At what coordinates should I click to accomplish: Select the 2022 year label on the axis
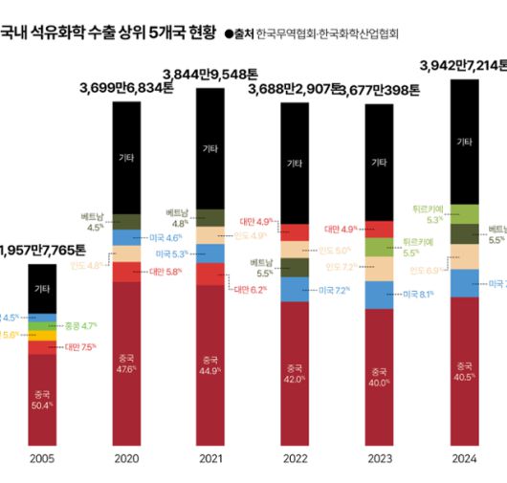coord(295,459)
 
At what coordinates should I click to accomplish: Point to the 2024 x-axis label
coord(464,459)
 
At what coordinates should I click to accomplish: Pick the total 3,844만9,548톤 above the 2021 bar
coord(210,74)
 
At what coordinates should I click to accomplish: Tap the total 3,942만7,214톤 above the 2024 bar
coord(465,66)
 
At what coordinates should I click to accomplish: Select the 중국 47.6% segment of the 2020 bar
coord(125,363)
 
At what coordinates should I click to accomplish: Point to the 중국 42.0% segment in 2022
coord(295,373)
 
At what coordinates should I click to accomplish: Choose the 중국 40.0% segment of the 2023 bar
coord(379,377)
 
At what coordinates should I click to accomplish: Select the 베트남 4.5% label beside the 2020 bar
coord(96,223)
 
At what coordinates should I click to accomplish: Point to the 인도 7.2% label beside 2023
coord(342,267)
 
